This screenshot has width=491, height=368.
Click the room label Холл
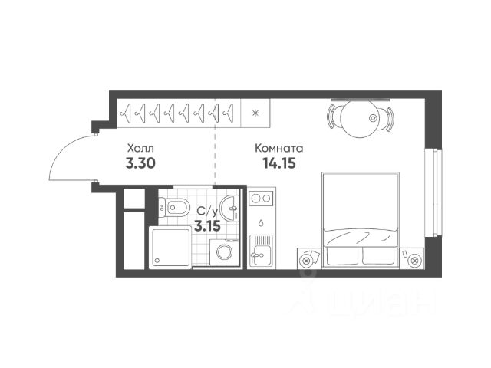[140, 148]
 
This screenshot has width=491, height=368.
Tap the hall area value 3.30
[140, 163]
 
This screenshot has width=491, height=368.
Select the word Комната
[279, 148]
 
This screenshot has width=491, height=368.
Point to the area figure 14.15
[279, 163]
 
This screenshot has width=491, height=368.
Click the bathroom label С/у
[207, 212]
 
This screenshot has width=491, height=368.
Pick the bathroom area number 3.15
[207, 225]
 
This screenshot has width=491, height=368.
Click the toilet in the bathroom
[174, 206]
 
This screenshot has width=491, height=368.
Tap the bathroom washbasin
[230, 208]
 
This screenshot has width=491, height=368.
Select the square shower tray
[170, 248]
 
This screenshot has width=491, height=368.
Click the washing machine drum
[225, 252]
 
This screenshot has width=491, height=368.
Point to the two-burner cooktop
[261, 199]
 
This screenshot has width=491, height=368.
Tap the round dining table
[359, 119]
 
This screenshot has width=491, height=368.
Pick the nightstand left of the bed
[308, 258]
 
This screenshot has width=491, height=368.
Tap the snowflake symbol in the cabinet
[255, 113]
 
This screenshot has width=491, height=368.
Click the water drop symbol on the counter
[261, 223]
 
